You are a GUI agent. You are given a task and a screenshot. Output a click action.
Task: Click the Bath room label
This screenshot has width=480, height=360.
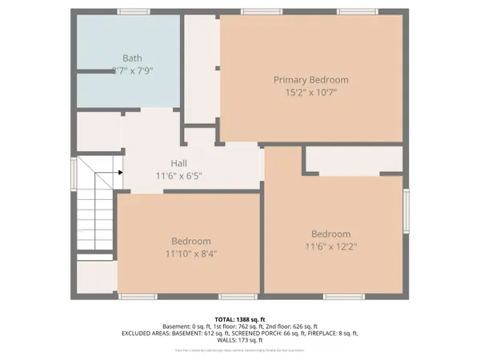133,58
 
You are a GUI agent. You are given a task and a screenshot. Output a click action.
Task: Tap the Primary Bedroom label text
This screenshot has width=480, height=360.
311,80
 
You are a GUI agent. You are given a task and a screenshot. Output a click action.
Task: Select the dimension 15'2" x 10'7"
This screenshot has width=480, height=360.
311,92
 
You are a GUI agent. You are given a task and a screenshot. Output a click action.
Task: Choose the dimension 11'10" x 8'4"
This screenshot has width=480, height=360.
190,254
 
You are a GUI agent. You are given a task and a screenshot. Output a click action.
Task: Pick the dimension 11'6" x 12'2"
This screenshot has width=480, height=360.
331,246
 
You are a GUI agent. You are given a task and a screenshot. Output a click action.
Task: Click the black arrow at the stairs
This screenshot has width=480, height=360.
119,171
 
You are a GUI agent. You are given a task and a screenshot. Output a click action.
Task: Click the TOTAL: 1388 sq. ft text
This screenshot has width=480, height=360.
239,318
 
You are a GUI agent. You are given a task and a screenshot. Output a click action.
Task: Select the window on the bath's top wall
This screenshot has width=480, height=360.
134,11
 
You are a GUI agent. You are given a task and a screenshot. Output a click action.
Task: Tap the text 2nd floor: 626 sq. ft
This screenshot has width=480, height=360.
289,326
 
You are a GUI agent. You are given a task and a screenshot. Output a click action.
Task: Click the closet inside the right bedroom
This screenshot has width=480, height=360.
352,161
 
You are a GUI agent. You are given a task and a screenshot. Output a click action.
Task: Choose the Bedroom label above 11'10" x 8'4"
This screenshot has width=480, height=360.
190,242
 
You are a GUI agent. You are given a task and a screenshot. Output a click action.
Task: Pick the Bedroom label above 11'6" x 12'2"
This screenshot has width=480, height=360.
331,234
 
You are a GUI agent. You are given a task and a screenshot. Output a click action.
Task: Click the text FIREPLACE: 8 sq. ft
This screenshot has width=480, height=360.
331,333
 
